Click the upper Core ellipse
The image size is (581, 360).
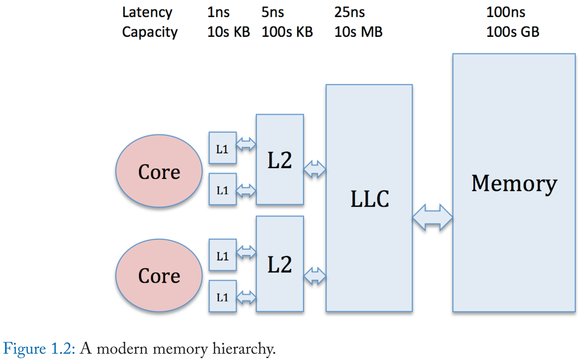(x=159, y=171)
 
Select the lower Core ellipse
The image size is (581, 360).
(x=159, y=275)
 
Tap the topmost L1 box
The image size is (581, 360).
(x=222, y=148)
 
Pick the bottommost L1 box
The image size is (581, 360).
(x=222, y=296)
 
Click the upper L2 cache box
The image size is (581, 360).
(x=280, y=160)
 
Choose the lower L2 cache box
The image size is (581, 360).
(x=280, y=264)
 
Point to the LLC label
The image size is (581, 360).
(x=369, y=199)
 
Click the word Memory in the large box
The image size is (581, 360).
(x=514, y=184)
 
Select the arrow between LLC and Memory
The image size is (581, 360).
(x=432, y=218)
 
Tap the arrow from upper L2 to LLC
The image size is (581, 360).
(x=315, y=169)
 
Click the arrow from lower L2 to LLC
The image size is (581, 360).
(x=315, y=276)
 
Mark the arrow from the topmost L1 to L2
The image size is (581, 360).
(x=246, y=144)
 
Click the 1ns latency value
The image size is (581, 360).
(x=218, y=12)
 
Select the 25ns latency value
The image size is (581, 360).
(x=349, y=12)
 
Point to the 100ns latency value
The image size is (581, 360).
(x=506, y=12)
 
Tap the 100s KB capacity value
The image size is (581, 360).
(x=287, y=32)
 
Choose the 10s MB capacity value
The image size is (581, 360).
(x=358, y=32)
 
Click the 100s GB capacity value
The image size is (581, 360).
(x=513, y=32)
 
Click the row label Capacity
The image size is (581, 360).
(x=150, y=32)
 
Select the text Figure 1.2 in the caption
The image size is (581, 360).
(x=39, y=348)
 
